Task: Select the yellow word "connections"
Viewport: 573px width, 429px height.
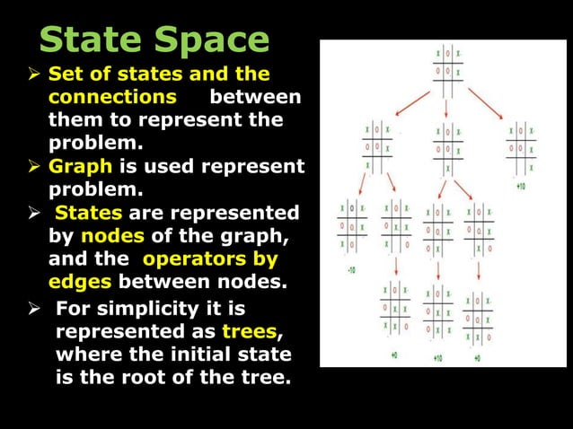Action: (x=112, y=96)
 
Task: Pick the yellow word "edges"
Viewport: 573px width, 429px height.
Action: (x=78, y=284)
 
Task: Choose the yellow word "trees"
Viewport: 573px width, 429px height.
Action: (x=249, y=331)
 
